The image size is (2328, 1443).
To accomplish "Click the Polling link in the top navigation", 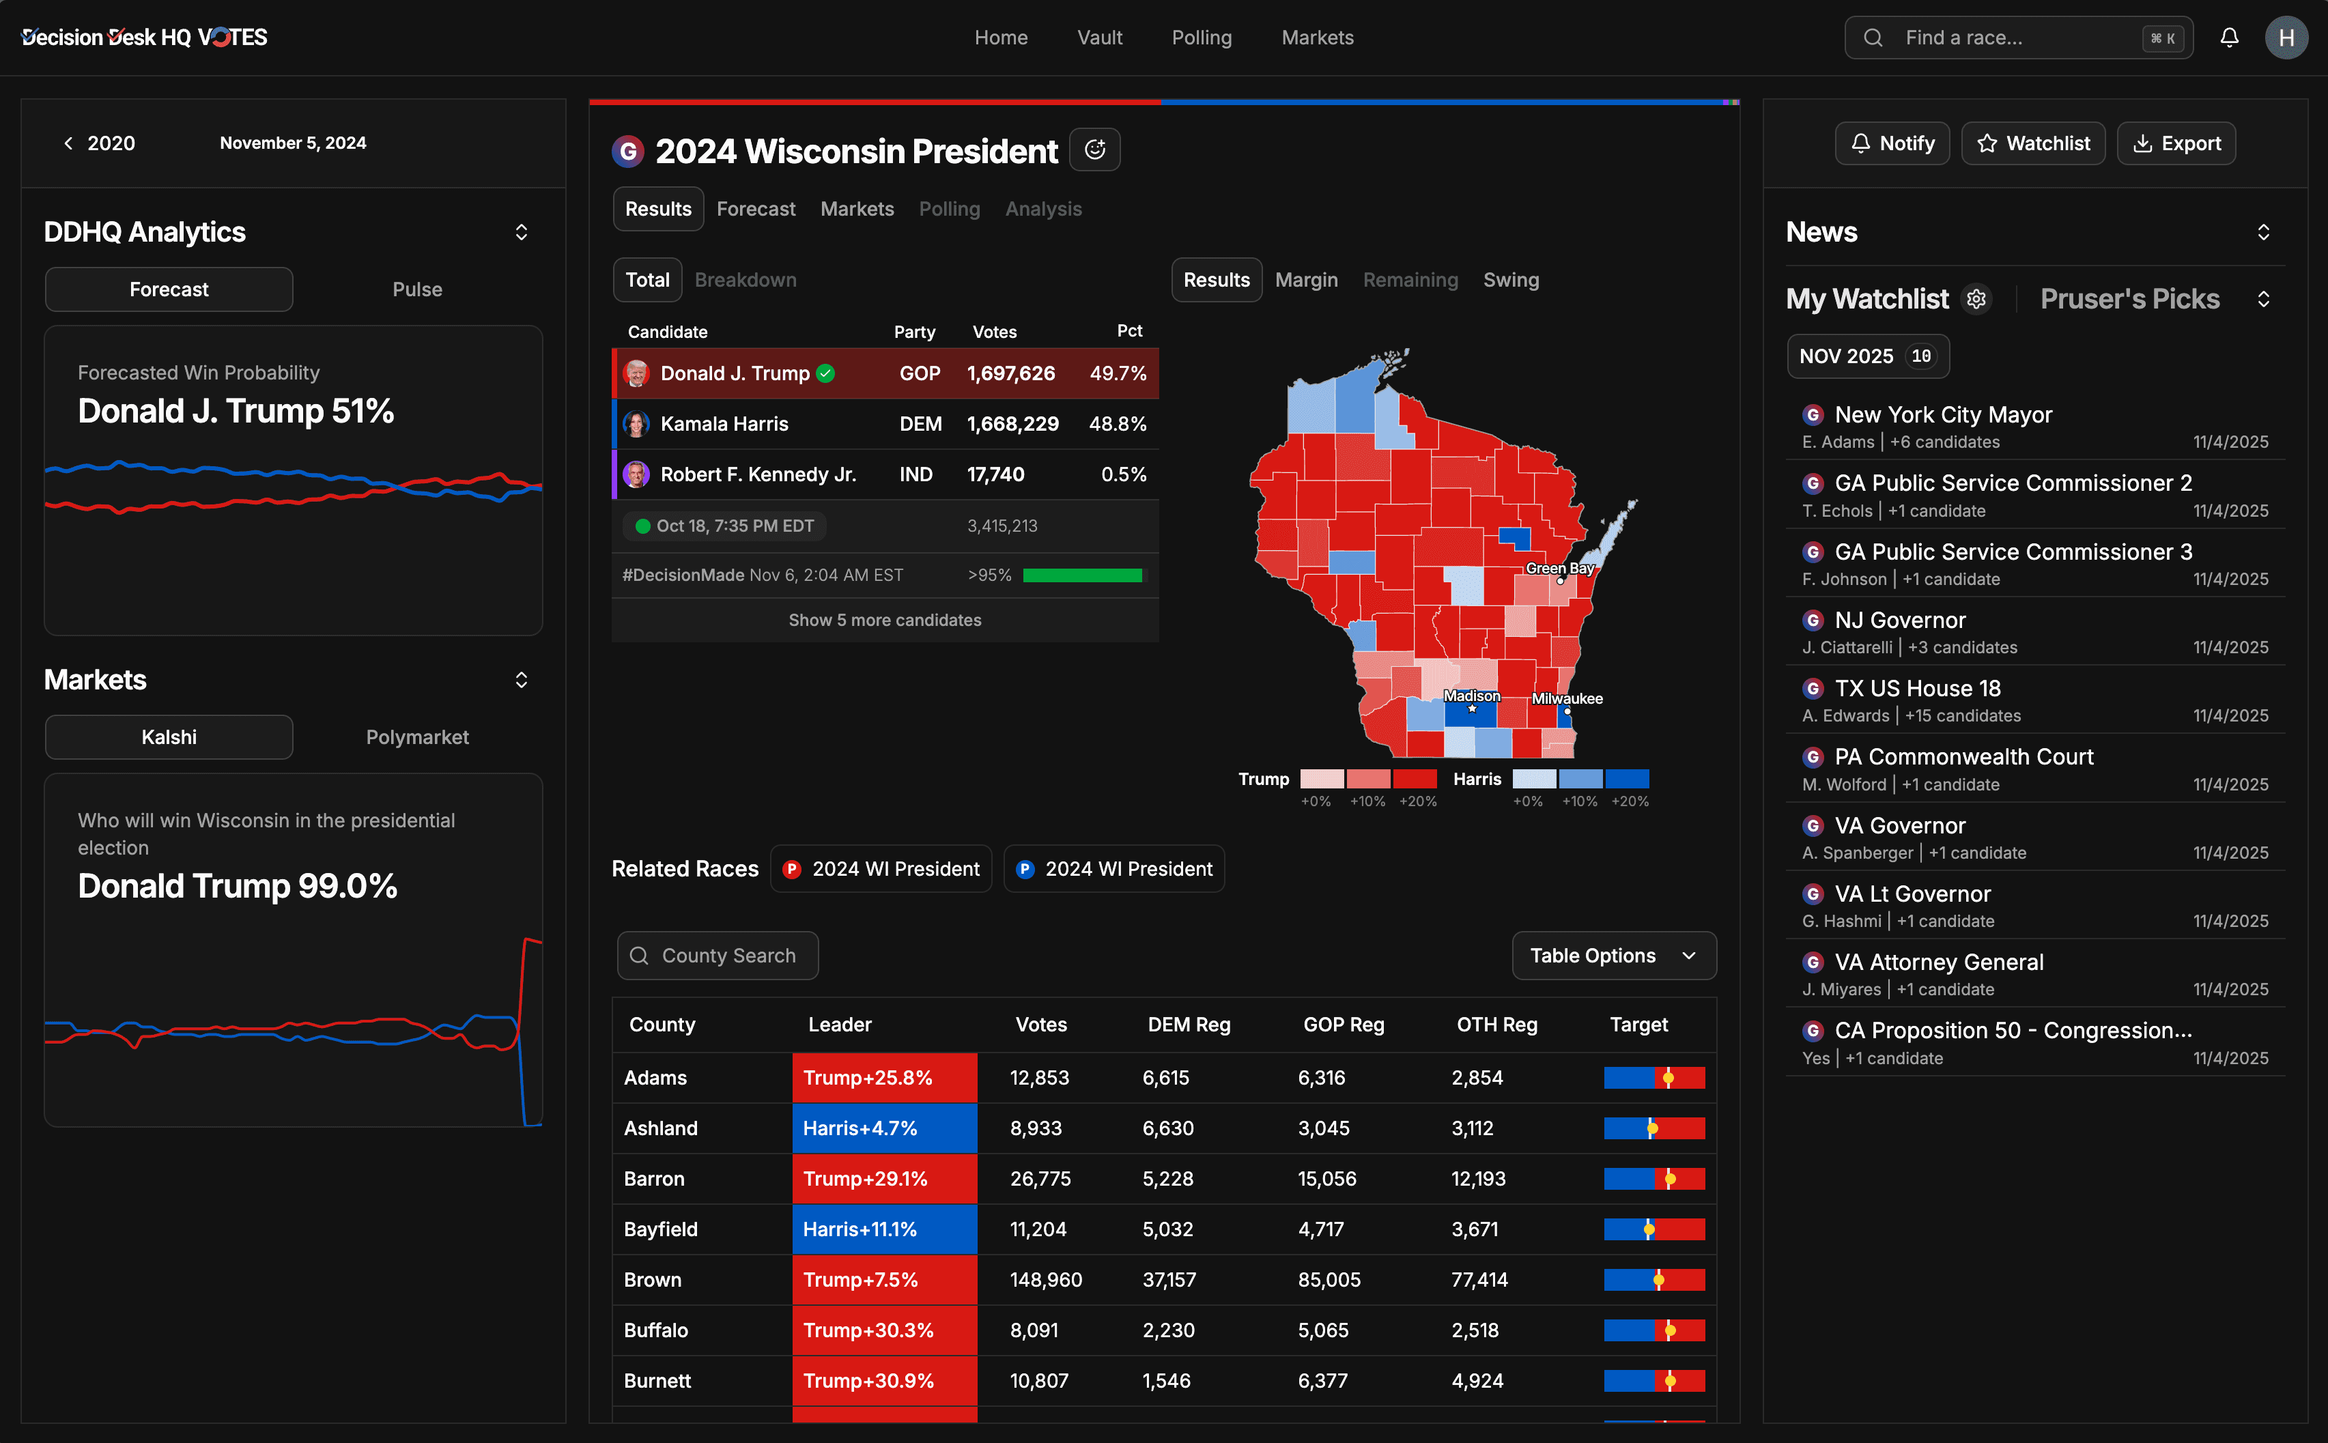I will click(x=1201, y=38).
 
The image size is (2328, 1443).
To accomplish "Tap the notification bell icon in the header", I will click(x=2229, y=38).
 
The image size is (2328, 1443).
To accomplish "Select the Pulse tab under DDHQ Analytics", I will click(x=417, y=289).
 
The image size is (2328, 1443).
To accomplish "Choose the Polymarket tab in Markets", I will click(x=417, y=737).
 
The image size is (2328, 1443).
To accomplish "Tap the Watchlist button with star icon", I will click(x=2033, y=143).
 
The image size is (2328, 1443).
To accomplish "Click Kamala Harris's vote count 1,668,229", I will click(x=1012, y=424).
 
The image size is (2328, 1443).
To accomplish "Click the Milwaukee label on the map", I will click(x=1566, y=698).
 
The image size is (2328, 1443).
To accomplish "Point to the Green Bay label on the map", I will click(x=1559, y=569).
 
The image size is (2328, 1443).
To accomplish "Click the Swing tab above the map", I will click(x=1510, y=280).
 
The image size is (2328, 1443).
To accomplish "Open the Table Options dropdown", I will click(x=1613, y=956).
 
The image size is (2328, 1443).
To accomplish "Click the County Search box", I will click(x=718, y=956).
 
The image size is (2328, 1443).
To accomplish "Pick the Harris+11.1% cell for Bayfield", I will click(x=884, y=1229).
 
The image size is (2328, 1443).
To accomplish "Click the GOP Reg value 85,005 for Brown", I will click(x=1329, y=1280).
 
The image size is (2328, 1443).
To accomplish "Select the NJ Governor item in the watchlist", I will click(x=1899, y=620).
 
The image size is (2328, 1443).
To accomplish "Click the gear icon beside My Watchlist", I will click(x=1976, y=299).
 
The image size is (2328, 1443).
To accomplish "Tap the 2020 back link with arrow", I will click(x=99, y=143).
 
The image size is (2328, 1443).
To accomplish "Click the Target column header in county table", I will click(x=1638, y=1024).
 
